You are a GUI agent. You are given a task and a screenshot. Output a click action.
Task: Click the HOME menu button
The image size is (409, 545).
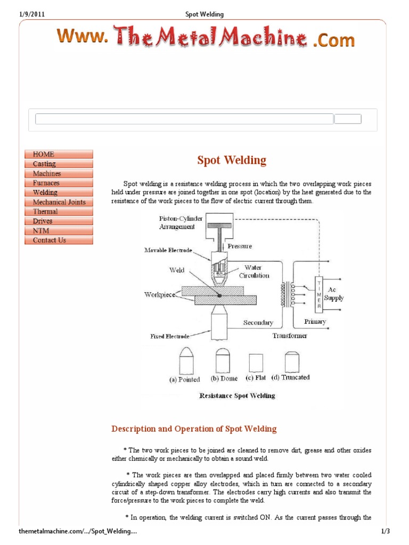(x=59, y=154)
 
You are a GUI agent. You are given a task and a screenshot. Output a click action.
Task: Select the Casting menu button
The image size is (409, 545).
(x=59, y=164)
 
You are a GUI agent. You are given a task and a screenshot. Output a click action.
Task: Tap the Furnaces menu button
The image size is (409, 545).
(x=59, y=183)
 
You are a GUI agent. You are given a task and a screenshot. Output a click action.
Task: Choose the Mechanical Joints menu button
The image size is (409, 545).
(x=59, y=202)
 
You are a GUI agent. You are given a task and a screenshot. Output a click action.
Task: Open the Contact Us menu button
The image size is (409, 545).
(x=59, y=240)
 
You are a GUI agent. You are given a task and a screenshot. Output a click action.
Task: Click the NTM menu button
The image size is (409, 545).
(x=59, y=230)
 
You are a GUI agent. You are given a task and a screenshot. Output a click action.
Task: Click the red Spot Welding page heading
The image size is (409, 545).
(x=232, y=160)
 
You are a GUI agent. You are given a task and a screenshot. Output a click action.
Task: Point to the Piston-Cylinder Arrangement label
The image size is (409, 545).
(x=181, y=222)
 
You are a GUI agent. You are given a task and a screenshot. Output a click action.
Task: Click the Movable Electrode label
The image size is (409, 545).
(x=168, y=250)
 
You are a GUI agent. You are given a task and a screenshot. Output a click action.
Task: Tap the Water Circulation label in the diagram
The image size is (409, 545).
(x=257, y=271)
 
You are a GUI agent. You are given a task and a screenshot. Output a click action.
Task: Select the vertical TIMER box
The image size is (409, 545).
(x=319, y=294)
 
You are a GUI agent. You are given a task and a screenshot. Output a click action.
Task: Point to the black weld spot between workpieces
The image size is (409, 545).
(x=219, y=295)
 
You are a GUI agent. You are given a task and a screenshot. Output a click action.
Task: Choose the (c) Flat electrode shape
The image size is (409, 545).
(x=256, y=363)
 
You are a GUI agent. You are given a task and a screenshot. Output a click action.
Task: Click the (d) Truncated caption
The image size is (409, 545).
(x=290, y=377)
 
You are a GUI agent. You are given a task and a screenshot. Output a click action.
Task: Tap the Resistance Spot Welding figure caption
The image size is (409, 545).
(x=237, y=395)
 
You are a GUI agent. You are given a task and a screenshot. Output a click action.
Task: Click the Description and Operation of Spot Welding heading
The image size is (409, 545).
(x=194, y=429)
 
